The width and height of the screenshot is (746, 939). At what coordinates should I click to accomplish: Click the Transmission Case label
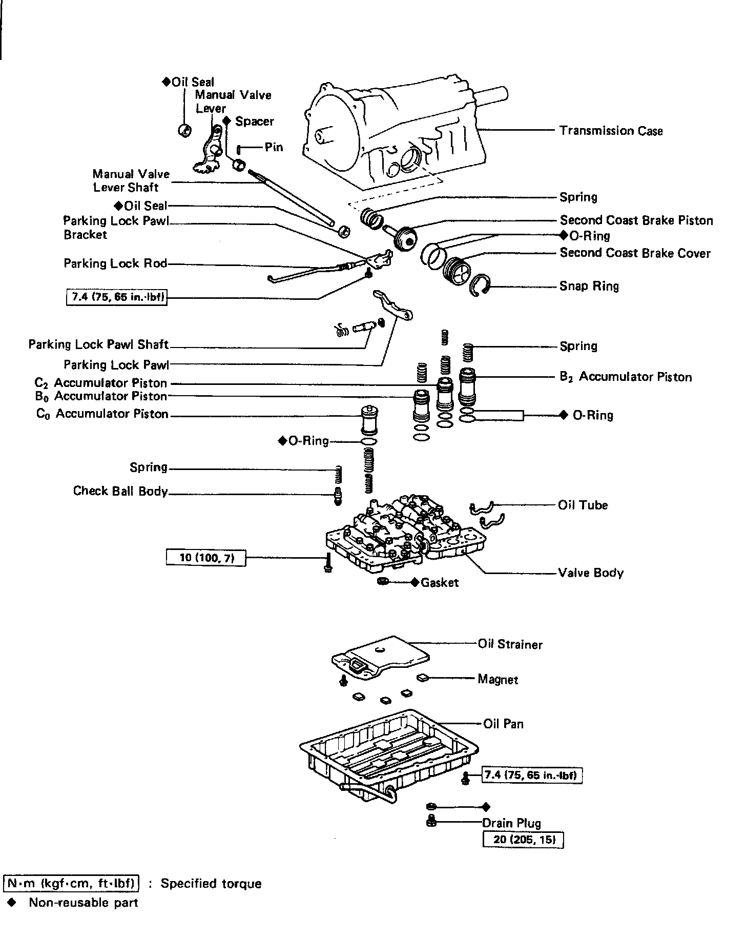pyautogui.click(x=611, y=131)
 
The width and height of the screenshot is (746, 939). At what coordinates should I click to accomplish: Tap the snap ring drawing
pyautogui.click(x=481, y=285)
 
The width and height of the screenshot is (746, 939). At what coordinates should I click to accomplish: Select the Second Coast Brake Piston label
pyautogui.click(x=636, y=220)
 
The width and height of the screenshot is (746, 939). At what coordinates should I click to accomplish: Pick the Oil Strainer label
pyautogui.click(x=510, y=644)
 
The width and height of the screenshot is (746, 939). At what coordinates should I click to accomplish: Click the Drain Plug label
pyautogui.click(x=511, y=823)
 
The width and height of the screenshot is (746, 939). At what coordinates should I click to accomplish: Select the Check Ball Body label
pyautogui.click(x=120, y=491)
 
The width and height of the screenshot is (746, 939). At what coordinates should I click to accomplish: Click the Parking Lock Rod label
pyautogui.click(x=115, y=263)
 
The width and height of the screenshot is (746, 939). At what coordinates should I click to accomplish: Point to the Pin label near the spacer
pyautogui.click(x=274, y=148)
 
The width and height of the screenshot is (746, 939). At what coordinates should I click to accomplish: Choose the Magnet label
pyautogui.click(x=498, y=680)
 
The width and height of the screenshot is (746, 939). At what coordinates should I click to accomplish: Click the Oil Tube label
pyautogui.click(x=583, y=505)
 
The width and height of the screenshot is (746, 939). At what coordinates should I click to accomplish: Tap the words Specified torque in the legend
pyautogui.click(x=211, y=884)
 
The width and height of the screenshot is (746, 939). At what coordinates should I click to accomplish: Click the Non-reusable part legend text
pyautogui.click(x=84, y=903)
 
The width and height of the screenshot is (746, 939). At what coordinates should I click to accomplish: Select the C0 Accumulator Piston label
pyautogui.click(x=102, y=414)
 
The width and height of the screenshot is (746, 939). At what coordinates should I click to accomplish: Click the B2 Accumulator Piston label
pyautogui.click(x=626, y=377)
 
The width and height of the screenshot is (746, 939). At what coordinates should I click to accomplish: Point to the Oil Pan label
pyautogui.click(x=503, y=724)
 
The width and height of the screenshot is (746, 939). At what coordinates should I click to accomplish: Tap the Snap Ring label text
pyautogui.click(x=589, y=286)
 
